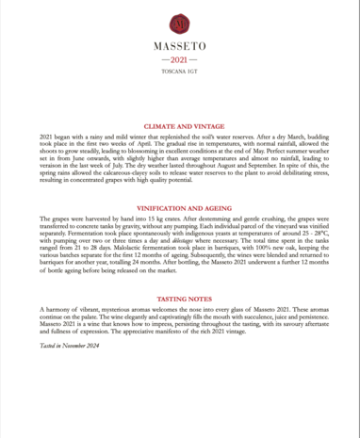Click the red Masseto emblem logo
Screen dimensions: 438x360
(x=180, y=23)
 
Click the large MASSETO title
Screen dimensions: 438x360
(x=180, y=44)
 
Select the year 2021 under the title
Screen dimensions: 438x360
(x=180, y=57)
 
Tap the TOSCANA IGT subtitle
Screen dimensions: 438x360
(x=180, y=71)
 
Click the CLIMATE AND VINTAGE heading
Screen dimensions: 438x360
(x=180, y=125)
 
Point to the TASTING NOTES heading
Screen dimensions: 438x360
(x=180, y=299)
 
